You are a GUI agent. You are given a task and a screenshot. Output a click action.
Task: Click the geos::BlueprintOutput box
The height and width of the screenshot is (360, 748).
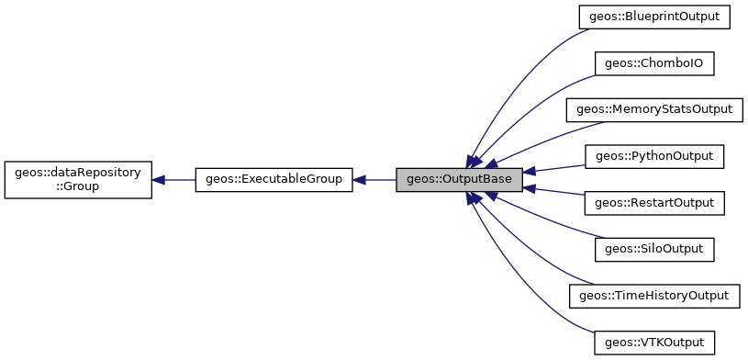click(653, 17)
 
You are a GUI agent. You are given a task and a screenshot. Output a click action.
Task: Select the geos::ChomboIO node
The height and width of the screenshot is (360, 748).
click(653, 63)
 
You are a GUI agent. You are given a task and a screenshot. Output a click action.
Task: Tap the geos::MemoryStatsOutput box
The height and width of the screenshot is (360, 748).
click(653, 109)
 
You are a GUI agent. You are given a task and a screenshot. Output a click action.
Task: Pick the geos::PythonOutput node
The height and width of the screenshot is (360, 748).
click(653, 156)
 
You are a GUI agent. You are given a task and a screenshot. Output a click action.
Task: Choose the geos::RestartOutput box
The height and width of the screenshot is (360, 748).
click(653, 202)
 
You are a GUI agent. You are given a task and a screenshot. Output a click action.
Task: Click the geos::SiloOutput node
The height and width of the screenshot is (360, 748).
click(653, 249)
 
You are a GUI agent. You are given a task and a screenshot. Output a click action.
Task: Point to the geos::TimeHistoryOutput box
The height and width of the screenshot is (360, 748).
click(653, 296)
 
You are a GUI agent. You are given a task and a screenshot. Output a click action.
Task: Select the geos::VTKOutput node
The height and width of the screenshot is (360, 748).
click(653, 343)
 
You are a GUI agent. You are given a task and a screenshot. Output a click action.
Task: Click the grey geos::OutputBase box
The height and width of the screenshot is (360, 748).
click(459, 180)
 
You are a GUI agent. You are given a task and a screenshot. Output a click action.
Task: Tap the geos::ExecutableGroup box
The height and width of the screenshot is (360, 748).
click(274, 180)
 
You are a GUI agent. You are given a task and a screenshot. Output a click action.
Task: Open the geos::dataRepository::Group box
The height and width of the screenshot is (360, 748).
click(77, 180)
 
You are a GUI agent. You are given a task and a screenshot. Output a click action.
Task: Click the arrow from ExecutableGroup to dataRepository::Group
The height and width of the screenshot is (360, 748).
click(179, 180)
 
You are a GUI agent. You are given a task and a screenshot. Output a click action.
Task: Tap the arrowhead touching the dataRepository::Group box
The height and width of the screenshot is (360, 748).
click(159, 180)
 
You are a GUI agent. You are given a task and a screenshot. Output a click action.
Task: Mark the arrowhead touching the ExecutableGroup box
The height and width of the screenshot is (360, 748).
click(359, 180)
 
